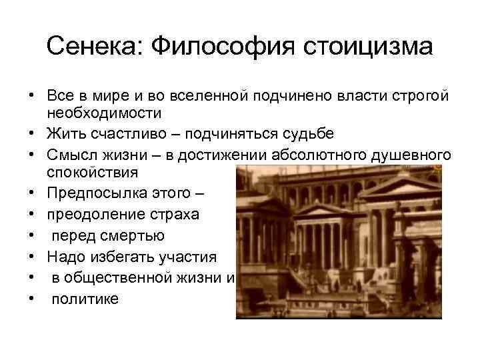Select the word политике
tap(85, 298)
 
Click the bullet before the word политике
tap(31, 298)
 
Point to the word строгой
tap(427, 95)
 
